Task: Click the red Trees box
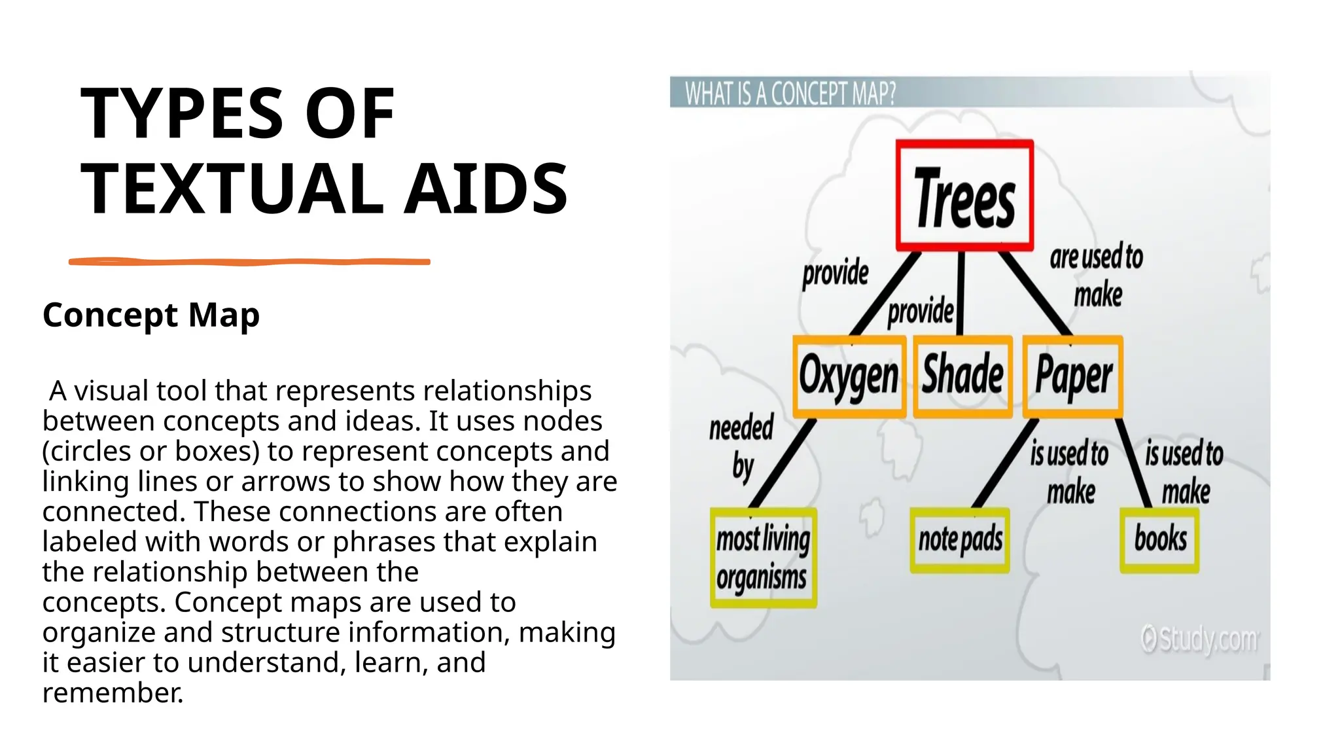pos(964,195)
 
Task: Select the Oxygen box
pos(849,376)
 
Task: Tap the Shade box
pos(962,376)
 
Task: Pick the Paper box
pos(1073,376)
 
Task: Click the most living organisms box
pos(763,558)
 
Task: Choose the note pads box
pos(960,540)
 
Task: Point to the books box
pos(1159,540)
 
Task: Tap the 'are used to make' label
pos(1097,275)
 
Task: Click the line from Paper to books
pos(1133,461)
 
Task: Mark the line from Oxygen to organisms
pos(783,463)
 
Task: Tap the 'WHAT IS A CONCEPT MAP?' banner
pos(790,94)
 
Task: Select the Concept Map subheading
pos(151,315)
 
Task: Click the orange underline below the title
pos(249,262)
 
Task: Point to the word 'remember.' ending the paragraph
pos(113,693)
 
